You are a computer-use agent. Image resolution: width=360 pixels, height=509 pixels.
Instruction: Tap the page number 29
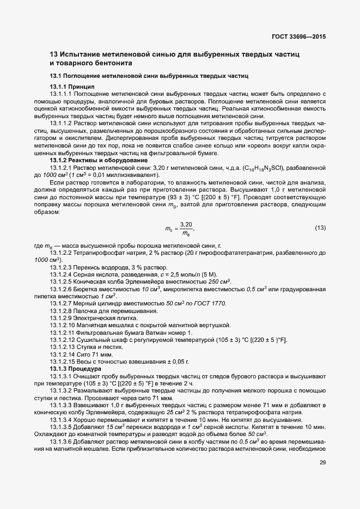322,462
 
